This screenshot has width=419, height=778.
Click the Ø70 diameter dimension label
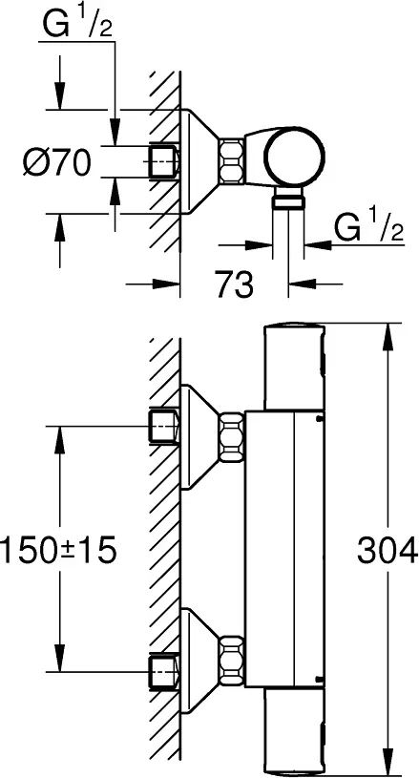point(57,163)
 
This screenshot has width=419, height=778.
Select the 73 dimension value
point(234,284)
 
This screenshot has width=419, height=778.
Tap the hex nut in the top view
point(231,161)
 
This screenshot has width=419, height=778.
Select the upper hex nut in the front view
point(232,437)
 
